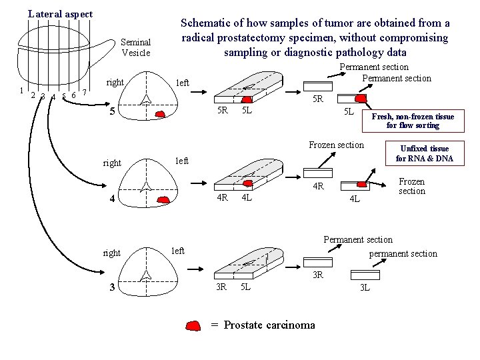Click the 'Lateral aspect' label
tap(60, 14)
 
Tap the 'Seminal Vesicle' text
tap(136, 47)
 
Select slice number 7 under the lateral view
tap(85, 93)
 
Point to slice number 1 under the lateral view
tap(22, 91)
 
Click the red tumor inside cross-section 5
tap(160, 115)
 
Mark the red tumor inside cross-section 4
tap(163, 199)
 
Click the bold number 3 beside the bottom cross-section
tap(113, 287)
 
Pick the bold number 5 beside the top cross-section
tap(113, 111)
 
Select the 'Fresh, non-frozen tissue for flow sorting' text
tap(413, 121)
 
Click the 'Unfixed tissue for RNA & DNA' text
tap(424, 153)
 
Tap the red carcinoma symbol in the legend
tap(193, 325)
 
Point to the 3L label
tap(365, 287)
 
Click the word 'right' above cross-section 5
tap(115, 83)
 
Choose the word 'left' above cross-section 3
tap(177, 251)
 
